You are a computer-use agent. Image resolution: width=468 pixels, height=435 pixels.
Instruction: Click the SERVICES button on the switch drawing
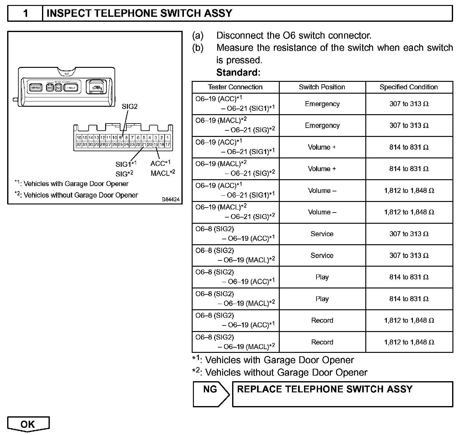pos(35,87)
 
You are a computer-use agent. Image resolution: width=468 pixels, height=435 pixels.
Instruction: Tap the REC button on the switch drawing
pos(50,87)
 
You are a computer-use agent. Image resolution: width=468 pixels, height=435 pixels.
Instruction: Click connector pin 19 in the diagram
pos(156,144)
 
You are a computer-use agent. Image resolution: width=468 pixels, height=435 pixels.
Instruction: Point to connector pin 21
pos(144,144)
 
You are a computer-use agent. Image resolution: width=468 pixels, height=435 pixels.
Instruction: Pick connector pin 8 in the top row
pos(126,138)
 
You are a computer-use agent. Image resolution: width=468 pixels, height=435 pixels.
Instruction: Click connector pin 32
pos(79,144)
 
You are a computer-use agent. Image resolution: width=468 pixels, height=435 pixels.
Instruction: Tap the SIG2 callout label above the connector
pos(129,106)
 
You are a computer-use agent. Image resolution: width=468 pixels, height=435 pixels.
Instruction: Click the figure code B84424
pos(171,199)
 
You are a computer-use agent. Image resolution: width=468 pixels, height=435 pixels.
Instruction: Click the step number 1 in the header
pos(26,13)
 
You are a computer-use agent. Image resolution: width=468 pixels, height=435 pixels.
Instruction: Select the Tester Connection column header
pos(235,87)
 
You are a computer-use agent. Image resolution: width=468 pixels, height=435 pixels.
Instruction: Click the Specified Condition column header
pos(409,87)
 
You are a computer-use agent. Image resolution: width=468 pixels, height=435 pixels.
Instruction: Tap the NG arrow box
pos(211,394)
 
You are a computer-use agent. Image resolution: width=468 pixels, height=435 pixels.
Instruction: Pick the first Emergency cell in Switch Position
pos(322,104)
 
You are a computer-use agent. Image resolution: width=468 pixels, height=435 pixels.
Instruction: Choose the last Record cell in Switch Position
pos(322,342)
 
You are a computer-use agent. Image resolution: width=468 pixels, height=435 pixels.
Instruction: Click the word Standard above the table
pos(238,72)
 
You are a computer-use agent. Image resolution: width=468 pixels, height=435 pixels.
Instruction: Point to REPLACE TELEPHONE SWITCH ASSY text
pos(325,389)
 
